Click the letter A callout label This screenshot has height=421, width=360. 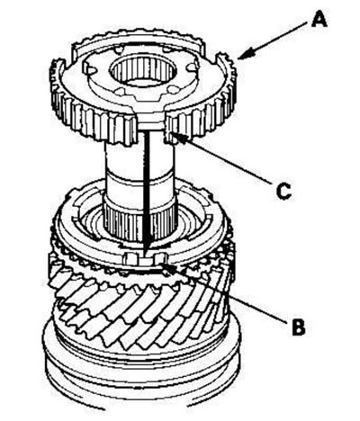[x=319, y=19]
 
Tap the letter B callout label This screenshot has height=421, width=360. [x=298, y=327]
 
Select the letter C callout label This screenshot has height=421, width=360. [x=283, y=191]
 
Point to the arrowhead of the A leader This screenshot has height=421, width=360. [x=246, y=55]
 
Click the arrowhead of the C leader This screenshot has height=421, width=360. [x=181, y=139]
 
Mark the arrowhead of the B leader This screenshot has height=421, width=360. [x=168, y=267]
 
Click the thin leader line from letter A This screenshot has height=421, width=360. [x=276, y=39]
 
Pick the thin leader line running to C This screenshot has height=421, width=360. [x=228, y=160]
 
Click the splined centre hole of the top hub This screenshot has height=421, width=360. [x=142, y=73]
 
